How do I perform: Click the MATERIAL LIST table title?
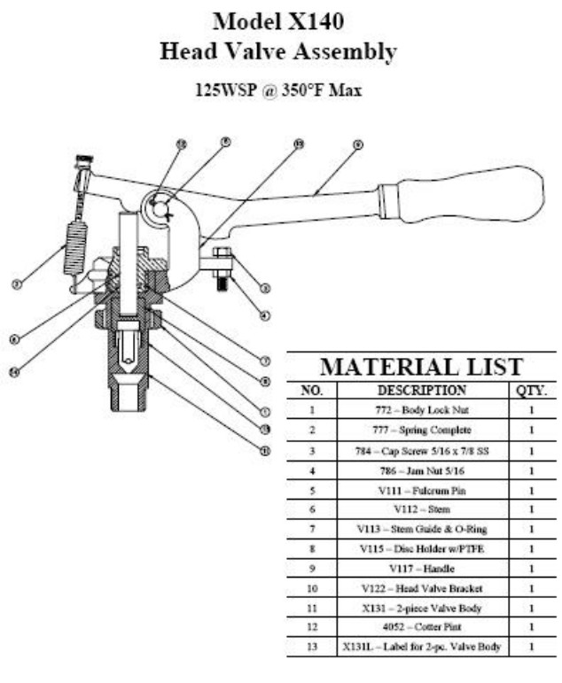click(421, 367)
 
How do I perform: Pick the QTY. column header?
click(530, 390)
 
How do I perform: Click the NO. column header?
click(311, 390)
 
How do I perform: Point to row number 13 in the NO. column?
click(311, 648)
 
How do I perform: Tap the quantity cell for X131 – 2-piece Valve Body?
click(530, 608)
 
